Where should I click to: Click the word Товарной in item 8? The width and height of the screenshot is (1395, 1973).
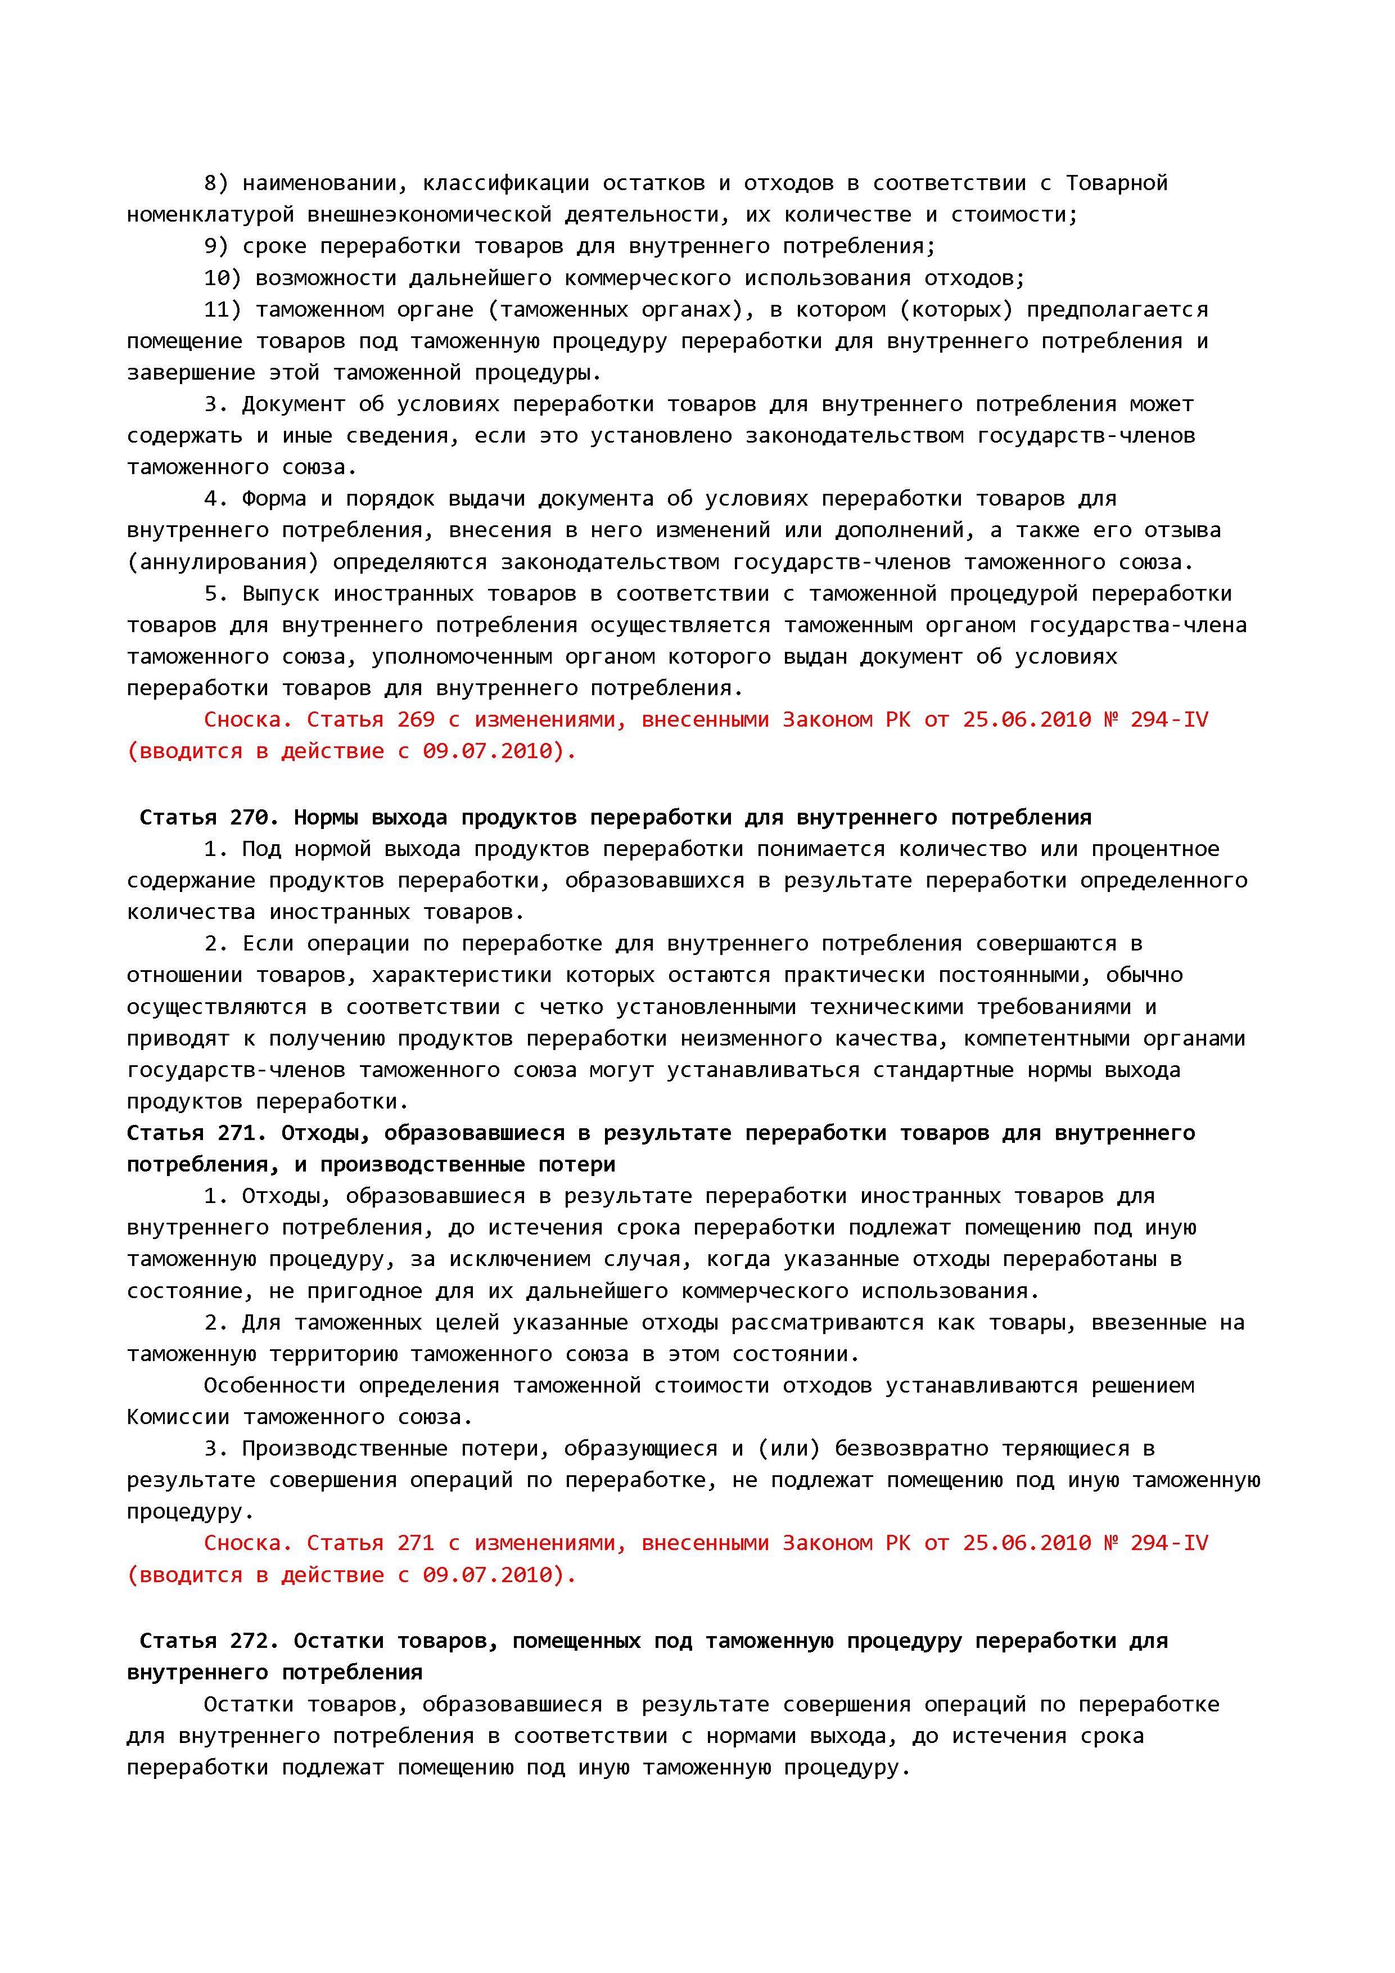click(1117, 183)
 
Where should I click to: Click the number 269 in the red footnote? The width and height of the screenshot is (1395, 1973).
click(416, 720)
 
